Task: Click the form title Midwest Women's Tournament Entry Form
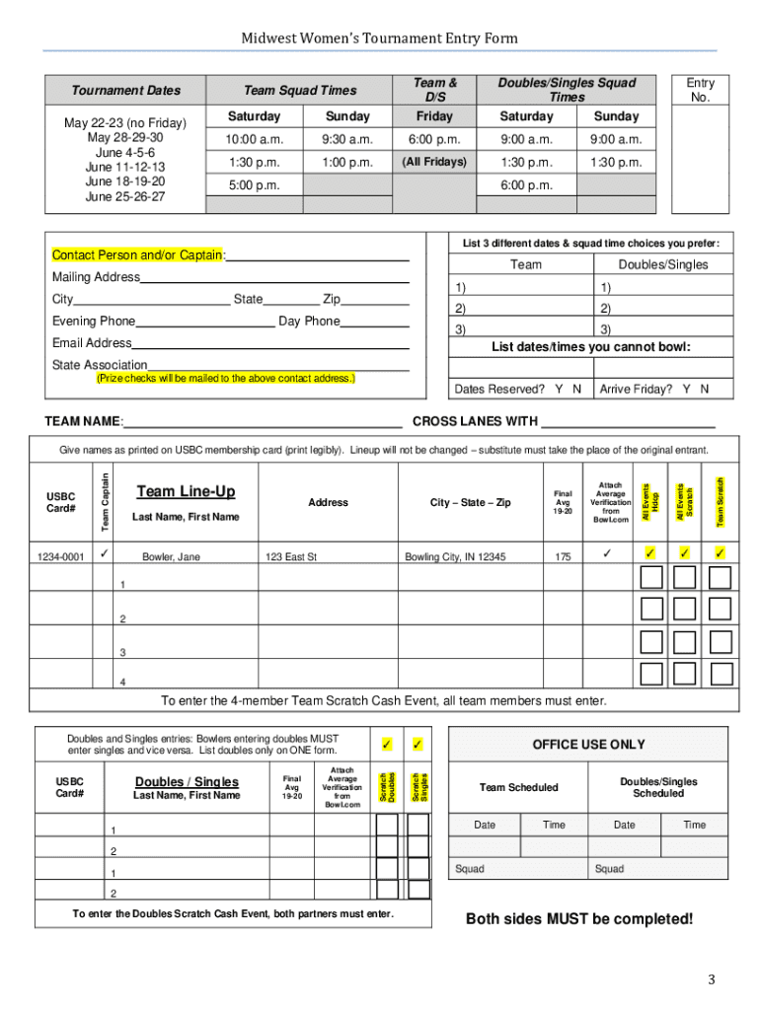380,38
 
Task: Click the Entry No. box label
700,90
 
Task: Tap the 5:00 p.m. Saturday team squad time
254,185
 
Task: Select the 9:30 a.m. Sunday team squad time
346,140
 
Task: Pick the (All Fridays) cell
433,162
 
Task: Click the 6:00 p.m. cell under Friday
433,140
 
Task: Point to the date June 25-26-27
124,197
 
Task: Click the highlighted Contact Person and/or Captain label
138,256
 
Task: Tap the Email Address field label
92,343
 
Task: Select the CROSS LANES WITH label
475,422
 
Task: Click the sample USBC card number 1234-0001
60,557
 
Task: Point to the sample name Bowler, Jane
171,557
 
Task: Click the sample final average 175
563,557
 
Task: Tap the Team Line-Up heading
186,492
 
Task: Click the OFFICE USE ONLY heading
588,745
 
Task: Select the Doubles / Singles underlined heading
187,782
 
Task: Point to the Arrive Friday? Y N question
653,389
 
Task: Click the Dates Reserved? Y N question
517,389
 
